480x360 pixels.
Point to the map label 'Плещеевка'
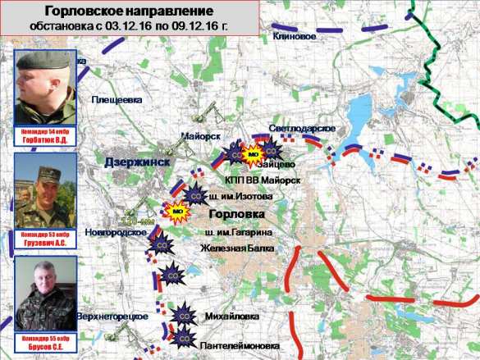pyautogui.click(x=117, y=99)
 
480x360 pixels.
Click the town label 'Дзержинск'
pyautogui.click(x=137, y=162)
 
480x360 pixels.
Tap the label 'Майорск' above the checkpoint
pyautogui.click(x=200, y=135)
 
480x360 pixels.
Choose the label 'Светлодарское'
pyautogui.click(x=303, y=130)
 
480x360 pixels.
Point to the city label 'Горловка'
pyautogui.click(x=238, y=214)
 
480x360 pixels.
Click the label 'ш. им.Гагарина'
pyautogui.click(x=238, y=234)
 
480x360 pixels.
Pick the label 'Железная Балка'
pyautogui.click(x=238, y=249)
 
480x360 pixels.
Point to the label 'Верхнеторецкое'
pyautogui.click(x=112, y=317)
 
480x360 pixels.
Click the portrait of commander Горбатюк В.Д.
pyautogui.click(x=46, y=88)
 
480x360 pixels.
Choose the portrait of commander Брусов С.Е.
pyautogui.click(x=46, y=294)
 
